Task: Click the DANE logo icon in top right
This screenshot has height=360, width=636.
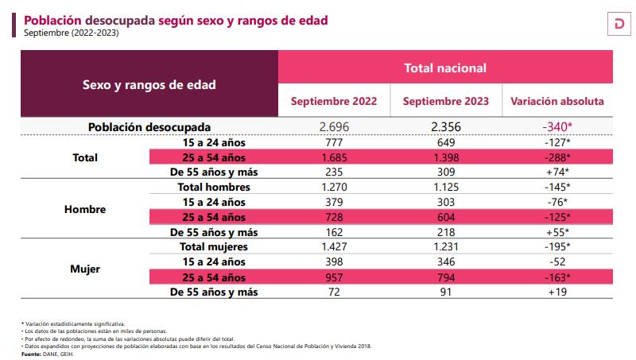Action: (x=616, y=25)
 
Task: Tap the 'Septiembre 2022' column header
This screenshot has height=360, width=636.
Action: (x=333, y=102)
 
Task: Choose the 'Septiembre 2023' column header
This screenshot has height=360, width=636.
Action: (x=445, y=102)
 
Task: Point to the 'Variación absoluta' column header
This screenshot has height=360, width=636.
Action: (x=556, y=102)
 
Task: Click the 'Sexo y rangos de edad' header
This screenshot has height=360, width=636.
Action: (x=149, y=84)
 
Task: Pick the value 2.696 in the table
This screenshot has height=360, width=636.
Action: (x=333, y=127)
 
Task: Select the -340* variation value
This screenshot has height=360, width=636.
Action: (x=556, y=127)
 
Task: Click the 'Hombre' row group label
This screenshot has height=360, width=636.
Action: (x=85, y=210)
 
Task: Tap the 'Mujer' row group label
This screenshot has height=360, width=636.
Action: (x=85, y=269)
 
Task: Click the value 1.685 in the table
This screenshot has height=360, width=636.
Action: (x=333, y=157)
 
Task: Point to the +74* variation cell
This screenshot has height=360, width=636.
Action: (x=556, y=172)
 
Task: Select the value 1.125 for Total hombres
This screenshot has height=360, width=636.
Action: (x=445, y=187)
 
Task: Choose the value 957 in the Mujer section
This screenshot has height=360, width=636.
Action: (x=333, y=277)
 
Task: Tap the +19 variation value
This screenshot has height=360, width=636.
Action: (x=556, y=292)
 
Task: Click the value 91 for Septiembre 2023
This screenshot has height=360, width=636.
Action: (x=445, y=292)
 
